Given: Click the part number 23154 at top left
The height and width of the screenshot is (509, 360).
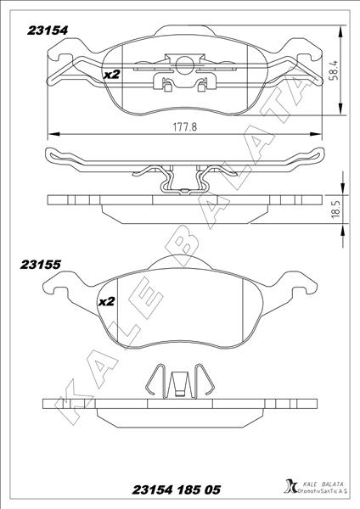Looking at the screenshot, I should click(x=48, y=28).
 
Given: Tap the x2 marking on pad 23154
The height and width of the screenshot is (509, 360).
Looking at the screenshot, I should click(x=110, y=75).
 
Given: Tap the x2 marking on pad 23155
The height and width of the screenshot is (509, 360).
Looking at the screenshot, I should click(x=107, y=301).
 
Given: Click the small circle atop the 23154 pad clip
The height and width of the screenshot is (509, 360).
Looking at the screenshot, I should click(x=185, y=62).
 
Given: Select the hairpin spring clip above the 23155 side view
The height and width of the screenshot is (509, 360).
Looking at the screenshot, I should click(x=178, y=382).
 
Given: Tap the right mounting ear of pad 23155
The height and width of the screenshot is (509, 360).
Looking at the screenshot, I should click(x=298, y=291).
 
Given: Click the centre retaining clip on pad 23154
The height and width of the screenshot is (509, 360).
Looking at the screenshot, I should click(x=185, y=81).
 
